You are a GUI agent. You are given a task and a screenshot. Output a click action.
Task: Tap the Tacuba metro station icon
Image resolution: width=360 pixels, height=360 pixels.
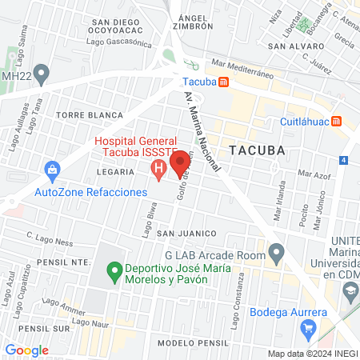point(227,81)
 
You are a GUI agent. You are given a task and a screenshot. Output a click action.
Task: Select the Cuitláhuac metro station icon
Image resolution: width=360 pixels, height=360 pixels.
point(338,122)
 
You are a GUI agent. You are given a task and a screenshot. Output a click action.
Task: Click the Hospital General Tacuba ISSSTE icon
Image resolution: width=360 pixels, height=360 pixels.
point(158,170)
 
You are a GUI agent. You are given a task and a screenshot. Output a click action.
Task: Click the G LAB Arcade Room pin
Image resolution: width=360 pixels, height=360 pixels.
point(277,255)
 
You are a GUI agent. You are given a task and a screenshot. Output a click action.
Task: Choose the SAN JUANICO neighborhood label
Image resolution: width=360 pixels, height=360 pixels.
point(186,233)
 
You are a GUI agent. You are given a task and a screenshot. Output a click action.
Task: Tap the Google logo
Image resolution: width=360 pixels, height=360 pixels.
point(26,350)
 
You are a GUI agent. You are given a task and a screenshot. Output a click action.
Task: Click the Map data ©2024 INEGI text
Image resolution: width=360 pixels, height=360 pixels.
point(312,354)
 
